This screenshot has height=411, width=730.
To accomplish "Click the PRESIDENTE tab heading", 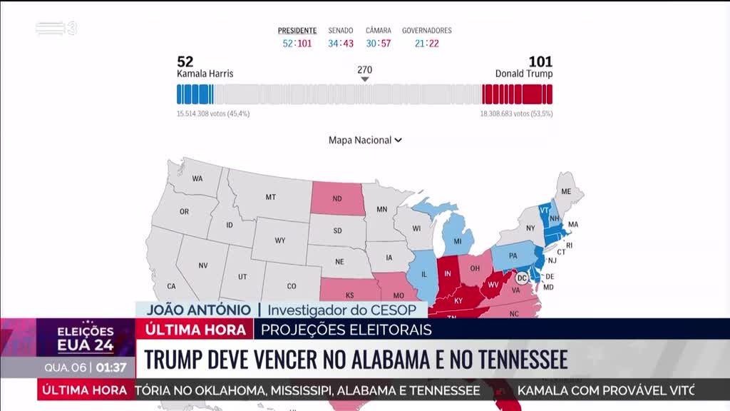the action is (297, 31).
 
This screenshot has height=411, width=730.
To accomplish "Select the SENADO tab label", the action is (341, 31).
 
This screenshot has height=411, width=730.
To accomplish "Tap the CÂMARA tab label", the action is (378, 31).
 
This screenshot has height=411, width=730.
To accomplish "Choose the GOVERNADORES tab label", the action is (426, 31).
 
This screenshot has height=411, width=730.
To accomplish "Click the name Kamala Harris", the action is (205, 73).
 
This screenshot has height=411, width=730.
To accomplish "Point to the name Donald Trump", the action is (524, 73).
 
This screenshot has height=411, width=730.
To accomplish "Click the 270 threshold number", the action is (364, 70).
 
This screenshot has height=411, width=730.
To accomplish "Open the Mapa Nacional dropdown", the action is (365, 141).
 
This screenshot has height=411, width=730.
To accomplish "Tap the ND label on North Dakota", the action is (336, 199).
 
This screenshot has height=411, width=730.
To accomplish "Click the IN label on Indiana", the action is (448, 274).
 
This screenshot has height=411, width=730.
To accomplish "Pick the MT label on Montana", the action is (271, 197).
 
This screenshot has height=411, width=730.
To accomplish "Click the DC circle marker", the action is (521, 278).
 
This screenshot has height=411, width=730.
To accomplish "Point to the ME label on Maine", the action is (567, 192).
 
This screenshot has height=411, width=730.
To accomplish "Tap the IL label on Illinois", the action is (423, 274).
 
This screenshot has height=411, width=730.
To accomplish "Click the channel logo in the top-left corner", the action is (56, 29).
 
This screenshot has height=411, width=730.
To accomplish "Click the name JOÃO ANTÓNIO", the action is (198, 310).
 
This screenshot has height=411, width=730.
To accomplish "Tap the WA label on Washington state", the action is (197, 178).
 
